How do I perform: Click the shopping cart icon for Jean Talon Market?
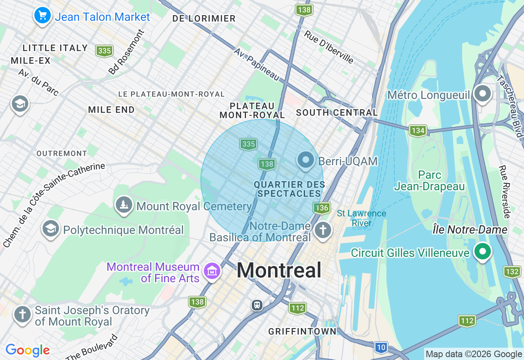pyautogui.click(x=42, y=16)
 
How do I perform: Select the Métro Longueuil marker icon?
pyautogui.click(x=483, y=94)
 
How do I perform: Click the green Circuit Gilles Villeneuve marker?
pyautogui.click(x=483, y=251)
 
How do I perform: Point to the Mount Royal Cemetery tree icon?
pyautogui.click(x=123, y=205)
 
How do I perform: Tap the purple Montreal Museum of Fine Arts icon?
pyautogui.click(x=212, y=271)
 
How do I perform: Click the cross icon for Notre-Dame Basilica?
pyautogui.click(x=323, y=230)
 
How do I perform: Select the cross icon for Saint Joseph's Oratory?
pyautogui.click(x=23, y=315)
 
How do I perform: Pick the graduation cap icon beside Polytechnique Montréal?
pyautogui.click(x=51, y=229)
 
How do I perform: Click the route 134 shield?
pyautogui.click(x=418, y=130)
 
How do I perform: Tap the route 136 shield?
pyautogui.click(x=322, y=208)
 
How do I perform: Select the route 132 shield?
pyautogui.click(x=512, y=272)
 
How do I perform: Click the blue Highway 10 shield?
pyautogui.click(x=381, y=348)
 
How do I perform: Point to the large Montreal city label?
pyautogui.click(x=279, y=270)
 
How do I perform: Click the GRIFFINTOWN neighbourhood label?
pyautogui.click(x=302, y=331)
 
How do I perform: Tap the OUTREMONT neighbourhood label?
pyautogui.click(x=62, y=153)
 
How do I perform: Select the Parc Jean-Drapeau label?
pyautogui.click(x=429, y=181)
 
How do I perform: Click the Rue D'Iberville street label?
pyautogui.click(x=329, y=47)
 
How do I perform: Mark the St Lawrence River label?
pyautogui.click(x=361, y=218)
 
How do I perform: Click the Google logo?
pyautogui.click(x=27, y=350)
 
